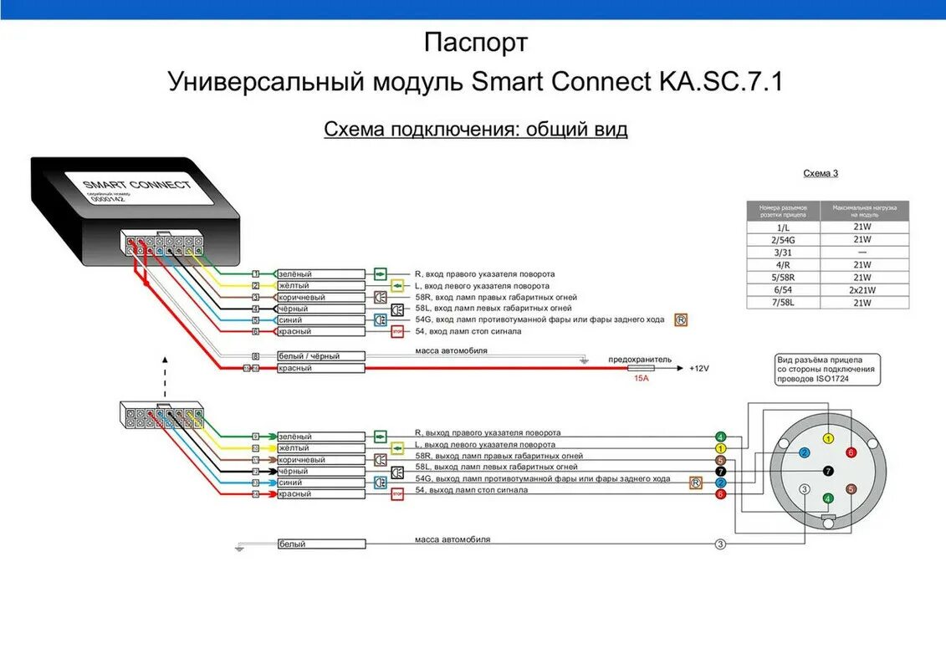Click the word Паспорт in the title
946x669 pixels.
point(475,42)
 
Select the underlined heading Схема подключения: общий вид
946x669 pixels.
point(475,129)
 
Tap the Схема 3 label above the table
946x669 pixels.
point(821,173)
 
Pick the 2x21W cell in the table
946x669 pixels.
point(862,290)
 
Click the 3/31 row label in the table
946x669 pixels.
point(783,252)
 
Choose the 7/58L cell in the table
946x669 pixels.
point(783,303)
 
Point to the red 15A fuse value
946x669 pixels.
point(642,378)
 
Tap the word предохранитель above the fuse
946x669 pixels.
point(639,359)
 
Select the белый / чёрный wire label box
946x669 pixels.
point(321,356)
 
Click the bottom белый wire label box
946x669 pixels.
point(321,544)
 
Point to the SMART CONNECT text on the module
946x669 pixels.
point(136,185)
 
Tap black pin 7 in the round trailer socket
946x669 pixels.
point(827,471)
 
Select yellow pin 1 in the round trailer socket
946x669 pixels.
point(827,438)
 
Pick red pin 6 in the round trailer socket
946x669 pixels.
point(851,452)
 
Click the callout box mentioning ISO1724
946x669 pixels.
point(826,369)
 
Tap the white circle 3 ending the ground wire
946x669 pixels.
point(720,544)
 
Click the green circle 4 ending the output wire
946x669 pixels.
point(720,437)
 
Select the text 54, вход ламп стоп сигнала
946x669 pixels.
point(468,331)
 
